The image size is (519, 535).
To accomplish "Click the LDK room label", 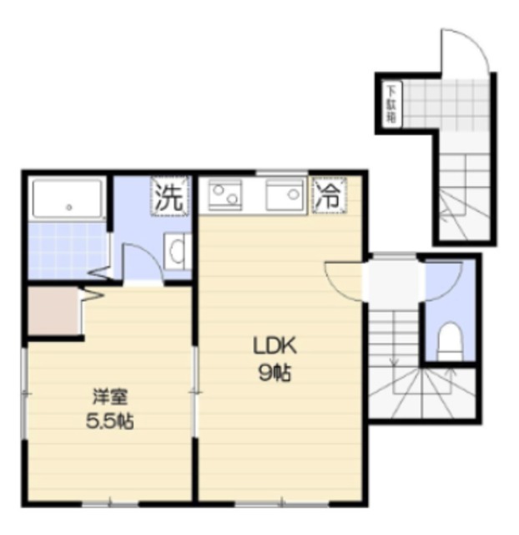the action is tap(275, 346).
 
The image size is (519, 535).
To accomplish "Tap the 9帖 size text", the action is tap(275, 373).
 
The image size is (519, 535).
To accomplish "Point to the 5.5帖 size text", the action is tap(109, 421).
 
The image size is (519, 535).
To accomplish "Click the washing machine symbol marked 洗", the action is tap(169, 196).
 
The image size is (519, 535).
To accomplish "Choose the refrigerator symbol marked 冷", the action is tap(329, 196).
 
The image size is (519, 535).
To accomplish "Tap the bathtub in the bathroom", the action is tap(68, 199).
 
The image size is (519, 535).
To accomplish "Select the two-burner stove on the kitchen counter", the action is tap(225, 195).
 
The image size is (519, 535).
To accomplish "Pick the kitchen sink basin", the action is tap(285, 195).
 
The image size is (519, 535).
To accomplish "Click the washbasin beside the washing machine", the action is tap(178, 252).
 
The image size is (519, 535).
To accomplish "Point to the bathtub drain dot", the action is tap(69, 207).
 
